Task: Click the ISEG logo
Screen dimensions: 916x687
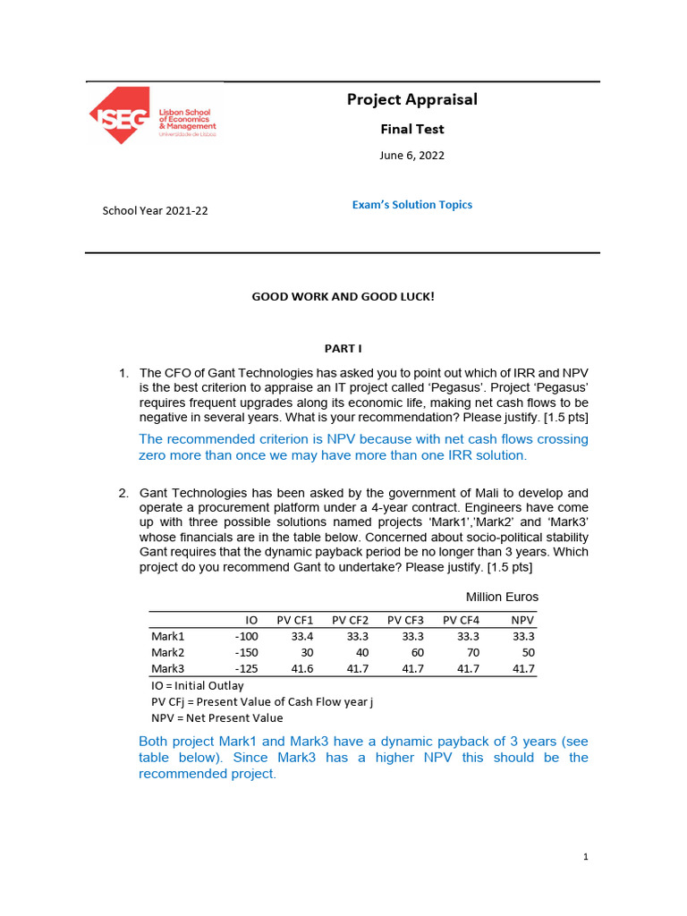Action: pos(152,115)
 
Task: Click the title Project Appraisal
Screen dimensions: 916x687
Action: pos(411,99)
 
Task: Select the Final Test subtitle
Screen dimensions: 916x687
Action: pos(411,129)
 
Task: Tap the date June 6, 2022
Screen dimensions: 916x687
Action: pos(411,156)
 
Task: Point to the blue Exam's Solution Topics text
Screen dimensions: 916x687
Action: pos(411,205)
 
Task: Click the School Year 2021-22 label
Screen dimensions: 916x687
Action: pos(156,211)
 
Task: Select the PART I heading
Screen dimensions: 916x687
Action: pos(343,348)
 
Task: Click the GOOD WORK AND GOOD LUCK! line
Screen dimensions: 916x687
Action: pos(343,296)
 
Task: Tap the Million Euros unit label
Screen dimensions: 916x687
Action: pos(502,597)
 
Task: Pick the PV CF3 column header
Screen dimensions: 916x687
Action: pos(405,619)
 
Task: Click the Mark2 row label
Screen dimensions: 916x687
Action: pos(167,652)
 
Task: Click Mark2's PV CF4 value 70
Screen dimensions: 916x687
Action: pos(472,652)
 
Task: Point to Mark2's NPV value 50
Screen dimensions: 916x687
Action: pos(527,652)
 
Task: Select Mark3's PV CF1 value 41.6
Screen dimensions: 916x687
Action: pos(301,668)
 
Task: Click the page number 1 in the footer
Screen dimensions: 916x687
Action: pos(585,857)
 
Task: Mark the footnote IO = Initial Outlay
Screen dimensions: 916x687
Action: pos(197,685)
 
